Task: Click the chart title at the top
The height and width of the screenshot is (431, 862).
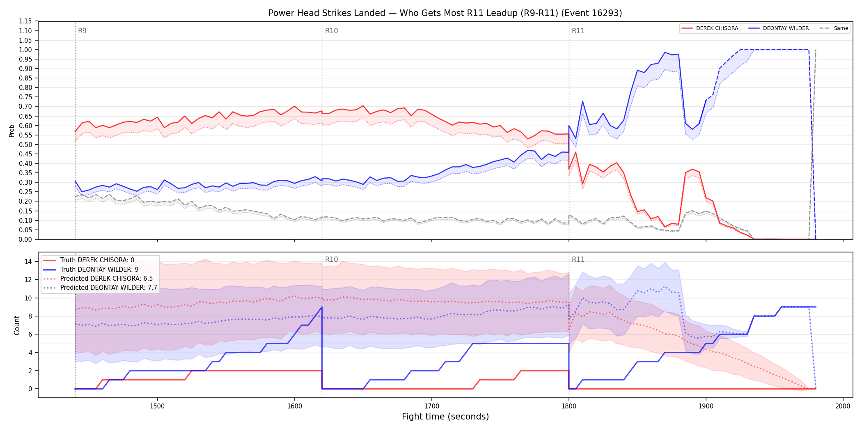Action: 445,13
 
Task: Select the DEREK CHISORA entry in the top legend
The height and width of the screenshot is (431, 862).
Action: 710,28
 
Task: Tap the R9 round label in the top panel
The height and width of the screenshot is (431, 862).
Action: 82,31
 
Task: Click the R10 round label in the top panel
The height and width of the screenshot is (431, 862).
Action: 331,31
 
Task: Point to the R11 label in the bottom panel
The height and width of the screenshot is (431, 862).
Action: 578,259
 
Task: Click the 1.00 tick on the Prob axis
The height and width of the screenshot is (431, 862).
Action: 25,50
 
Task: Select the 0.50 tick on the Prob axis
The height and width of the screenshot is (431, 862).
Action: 25,144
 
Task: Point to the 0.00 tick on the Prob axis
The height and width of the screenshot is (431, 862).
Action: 25,239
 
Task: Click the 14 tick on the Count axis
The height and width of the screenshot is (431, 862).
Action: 28,261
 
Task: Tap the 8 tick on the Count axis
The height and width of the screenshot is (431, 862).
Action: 30,316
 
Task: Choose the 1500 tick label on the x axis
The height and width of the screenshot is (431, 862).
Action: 157,406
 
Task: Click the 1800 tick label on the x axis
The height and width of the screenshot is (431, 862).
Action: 569,406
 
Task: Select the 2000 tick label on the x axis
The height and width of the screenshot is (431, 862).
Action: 843,406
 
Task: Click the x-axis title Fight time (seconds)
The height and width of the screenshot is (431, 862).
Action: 445,417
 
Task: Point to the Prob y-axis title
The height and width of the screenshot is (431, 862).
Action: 12,131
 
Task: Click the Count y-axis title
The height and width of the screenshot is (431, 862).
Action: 17,325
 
